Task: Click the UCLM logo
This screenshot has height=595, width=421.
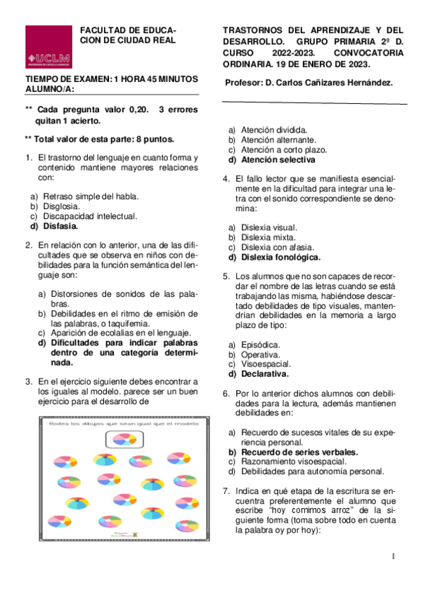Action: (x=48, y=47)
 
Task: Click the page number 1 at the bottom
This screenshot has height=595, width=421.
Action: (x=394, y=556)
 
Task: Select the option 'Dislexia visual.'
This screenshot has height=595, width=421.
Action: (x=268, y=227)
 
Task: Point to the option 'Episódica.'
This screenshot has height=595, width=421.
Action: (x=260, y=345)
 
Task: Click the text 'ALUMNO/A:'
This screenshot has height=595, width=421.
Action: (x=48, y=89)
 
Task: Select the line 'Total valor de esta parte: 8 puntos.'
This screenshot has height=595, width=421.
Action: (x=103, y=139)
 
